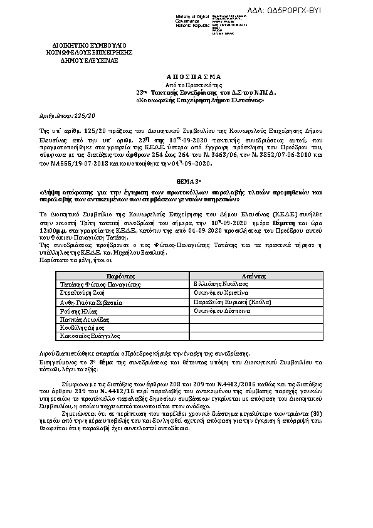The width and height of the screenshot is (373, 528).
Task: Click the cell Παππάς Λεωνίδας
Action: tap(82, 319)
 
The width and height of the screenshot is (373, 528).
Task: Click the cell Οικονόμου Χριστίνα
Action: tap(222, 293)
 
